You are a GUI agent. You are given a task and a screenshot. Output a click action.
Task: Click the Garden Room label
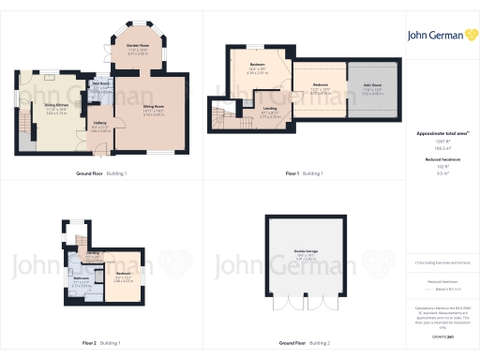138,44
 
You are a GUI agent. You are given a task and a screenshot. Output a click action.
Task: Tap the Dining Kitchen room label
56,105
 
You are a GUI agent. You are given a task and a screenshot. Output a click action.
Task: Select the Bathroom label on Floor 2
81,277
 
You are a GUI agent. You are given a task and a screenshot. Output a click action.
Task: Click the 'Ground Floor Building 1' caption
101,173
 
